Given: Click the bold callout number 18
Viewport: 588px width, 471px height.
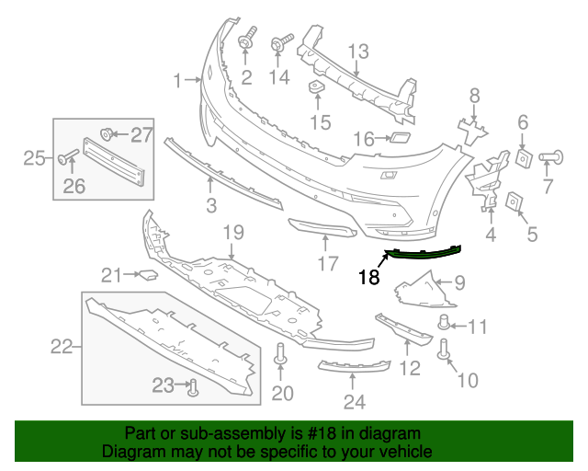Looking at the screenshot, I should tap(368, 277).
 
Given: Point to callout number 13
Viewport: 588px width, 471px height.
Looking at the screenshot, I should tap(357, 51).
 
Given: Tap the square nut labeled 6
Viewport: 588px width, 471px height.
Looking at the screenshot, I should tap(523, 157).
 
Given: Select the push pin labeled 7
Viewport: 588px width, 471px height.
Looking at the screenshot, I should tap(552, 156).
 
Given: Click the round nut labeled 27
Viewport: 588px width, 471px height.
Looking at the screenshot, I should tap(105, 135).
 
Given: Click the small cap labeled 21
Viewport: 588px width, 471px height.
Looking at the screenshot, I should tap(146, 273).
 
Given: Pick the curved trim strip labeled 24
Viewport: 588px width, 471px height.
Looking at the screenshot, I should tap(354, 368).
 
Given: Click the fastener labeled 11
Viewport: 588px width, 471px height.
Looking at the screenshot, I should tap(446, 323).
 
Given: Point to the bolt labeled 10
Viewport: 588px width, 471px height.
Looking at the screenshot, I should tap(446, 349).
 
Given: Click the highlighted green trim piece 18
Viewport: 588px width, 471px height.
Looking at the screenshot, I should tap(423, 251).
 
